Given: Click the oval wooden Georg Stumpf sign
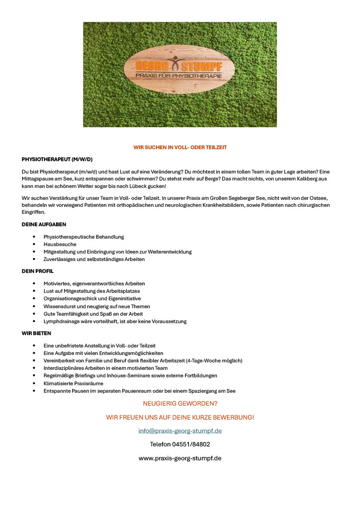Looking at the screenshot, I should click(180, 70).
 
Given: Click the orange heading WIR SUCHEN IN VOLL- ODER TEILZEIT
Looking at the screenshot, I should click(180, 148).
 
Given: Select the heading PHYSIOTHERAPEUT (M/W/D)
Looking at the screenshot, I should click(57, 159).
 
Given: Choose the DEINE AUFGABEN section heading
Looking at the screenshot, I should click(44, 225).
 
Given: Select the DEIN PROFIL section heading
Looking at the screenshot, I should click(38, 271).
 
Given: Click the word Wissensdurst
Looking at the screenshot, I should click(60, 306).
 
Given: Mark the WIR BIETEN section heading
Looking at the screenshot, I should click(36, 333).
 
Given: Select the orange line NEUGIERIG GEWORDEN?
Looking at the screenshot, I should click(180, 404).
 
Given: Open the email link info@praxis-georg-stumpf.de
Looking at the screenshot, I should click(180, 431).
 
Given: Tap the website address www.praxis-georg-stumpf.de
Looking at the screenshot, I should click(180, 458).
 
